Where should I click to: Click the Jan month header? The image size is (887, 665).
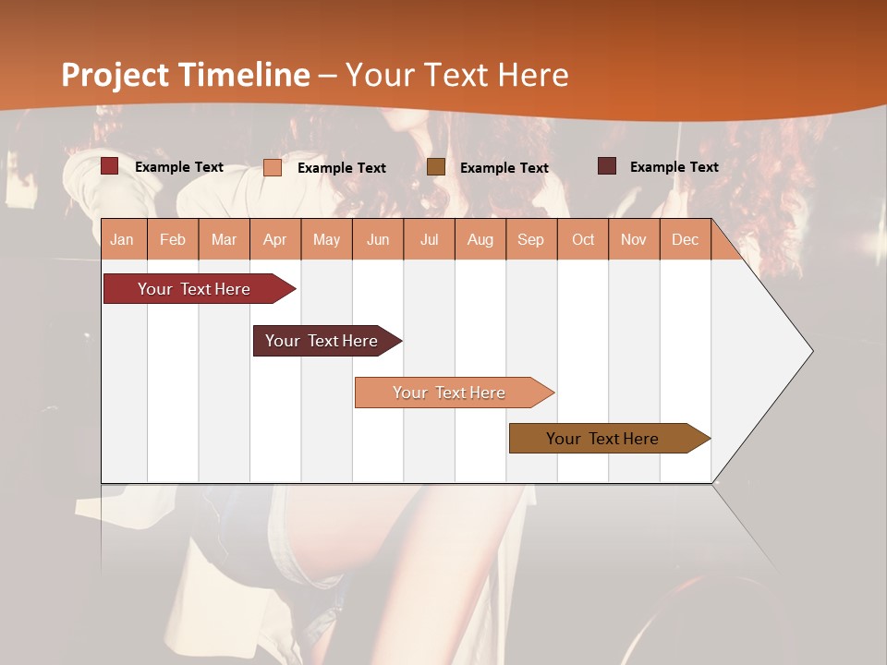pyautogui.click(x=123, y=239)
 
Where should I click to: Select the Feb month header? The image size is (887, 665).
pyautogui.click(x=173, y=239)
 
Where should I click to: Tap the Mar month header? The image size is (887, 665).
pyautogui.click(x=224, y=239)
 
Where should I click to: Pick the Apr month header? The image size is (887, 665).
pyautogui.click(x=275, y=239)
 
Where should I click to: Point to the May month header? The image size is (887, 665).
pyautogui.click(x=326, y=239)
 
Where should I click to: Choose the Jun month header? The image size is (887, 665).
pyautogui.click(x=378, y=239)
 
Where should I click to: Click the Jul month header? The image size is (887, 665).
pyautogui.click(x=429, y=239)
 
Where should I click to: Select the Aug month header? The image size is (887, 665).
pyautogui.click(x=480, y=239)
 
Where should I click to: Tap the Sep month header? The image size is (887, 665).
pyautogui.click(x=531, y=239)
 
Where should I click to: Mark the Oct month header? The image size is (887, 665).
pyautogui.click(x=583, y=239)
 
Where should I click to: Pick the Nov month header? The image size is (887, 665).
pyautogui.click(x=634, y=239)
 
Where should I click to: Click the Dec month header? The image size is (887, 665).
pyautogui.click(x=685, y=239)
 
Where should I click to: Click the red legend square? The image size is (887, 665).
pyautogui.click(x=110, y=166)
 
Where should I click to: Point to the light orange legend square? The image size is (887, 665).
pyautogui.click(x=273, y=167)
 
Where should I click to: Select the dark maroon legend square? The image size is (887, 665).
pyautogui.click(x=607, y=166)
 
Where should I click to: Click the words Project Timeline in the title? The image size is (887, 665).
pyautogui.click(x=186, y=75)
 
